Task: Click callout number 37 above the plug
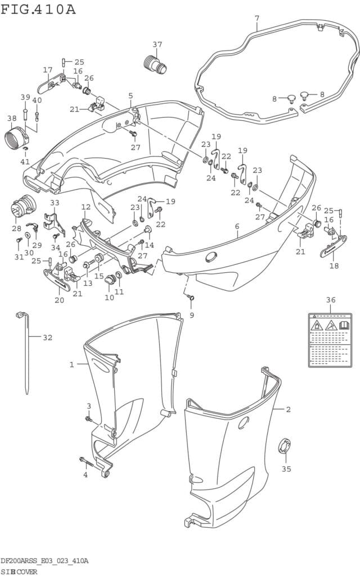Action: (157, 44)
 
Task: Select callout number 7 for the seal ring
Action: (256, 18)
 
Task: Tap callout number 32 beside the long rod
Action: (47, 337)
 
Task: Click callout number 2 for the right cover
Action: (288, 409)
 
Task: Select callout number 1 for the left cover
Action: (71, 364)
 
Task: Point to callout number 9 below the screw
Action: (191, 315)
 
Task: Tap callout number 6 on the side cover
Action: (237, 226)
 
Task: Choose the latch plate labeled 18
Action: (334, 245)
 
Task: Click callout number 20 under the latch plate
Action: (59, 300)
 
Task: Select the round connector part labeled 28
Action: (21, 208)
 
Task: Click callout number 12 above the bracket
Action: (85, 207)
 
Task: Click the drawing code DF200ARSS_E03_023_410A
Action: (44, 561)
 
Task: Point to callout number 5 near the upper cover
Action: (130, 96)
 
